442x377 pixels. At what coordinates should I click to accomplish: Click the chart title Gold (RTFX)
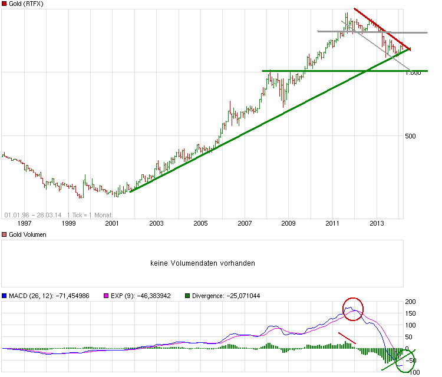(x=27, y=4)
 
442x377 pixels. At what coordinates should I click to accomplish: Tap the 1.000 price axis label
(x=413, y=72)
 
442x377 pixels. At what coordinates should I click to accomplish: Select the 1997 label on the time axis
(x=24, y=223)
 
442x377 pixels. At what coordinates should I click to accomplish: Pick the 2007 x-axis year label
(x=245, y=223)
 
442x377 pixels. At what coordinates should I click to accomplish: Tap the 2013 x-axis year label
(x=377, y=223)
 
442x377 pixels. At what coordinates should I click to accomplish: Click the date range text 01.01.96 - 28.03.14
(x=32, y=214)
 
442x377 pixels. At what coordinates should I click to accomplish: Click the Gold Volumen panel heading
(x=27, y=234)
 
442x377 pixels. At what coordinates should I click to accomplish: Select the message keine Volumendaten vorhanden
(x=203, y=263)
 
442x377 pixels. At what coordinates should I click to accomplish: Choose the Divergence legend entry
(x=222, y=296)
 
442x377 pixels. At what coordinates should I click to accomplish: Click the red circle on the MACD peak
(x=353, y=309)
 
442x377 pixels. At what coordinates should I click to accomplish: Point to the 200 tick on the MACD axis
(x=410, y=302)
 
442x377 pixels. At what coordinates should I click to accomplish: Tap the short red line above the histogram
(x=347, y=338)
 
